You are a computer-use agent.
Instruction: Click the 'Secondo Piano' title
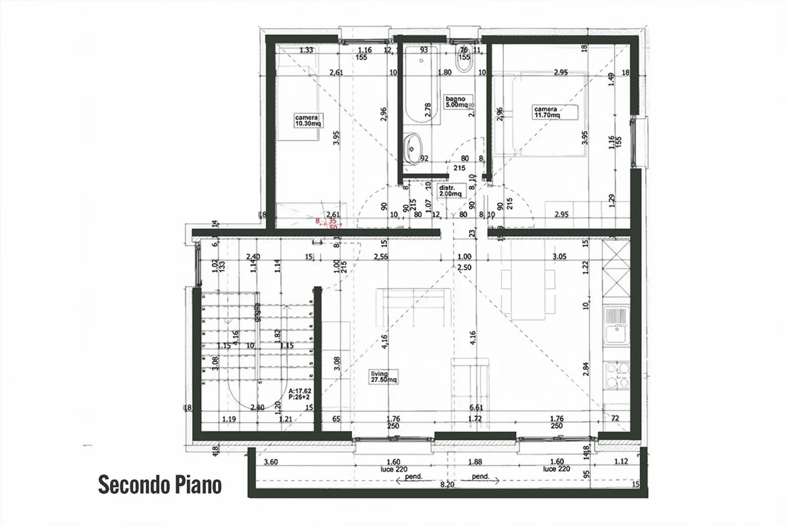[x=160, y=485]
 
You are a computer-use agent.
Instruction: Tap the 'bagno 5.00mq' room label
[x=455, y=102]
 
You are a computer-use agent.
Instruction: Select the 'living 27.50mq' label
[x=384, y=377]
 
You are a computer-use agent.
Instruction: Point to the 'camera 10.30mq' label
[x=308, y=120]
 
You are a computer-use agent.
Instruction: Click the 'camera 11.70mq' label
[x=547, y=112]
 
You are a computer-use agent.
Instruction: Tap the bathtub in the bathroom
[x=422, y=87]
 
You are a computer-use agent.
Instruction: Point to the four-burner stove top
[x=617, y=375]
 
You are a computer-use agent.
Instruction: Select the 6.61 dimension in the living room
[x=476, y=407]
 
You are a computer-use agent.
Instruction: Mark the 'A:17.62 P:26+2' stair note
[x=300, y=394]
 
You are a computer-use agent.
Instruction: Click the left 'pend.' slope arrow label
[x=414, y=476]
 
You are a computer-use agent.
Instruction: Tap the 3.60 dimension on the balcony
[x=270, y=462]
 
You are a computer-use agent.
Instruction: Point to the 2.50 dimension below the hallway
[x=464, y=267]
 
